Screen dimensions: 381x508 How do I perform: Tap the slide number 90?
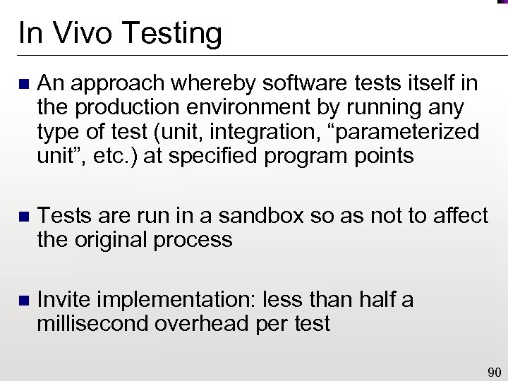click(x=493, y=373)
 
